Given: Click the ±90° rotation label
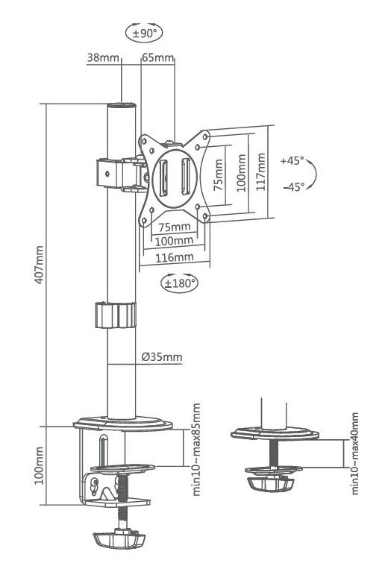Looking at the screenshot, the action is point(144,34).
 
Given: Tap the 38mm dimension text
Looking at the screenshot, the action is point(103,57).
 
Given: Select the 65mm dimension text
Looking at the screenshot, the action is point(158,57).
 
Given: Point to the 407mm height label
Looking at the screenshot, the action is point(39,265).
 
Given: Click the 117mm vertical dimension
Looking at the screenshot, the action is point(261,172).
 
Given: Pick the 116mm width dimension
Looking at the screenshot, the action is point(175,257).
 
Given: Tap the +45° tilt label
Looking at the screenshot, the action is point(292,160).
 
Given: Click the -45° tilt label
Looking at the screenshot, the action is point(294,186).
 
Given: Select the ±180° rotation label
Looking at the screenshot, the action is point(180,283).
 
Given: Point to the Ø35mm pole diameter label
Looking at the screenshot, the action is point(162,357).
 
